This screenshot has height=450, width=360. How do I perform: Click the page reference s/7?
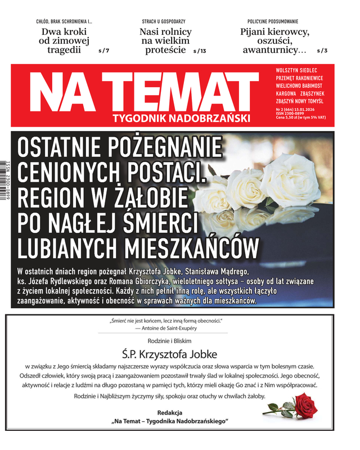coord(103,51)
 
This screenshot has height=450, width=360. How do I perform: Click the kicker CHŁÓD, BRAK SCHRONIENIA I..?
coord(64,21)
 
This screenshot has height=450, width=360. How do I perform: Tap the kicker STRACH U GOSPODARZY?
coord(165,21)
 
